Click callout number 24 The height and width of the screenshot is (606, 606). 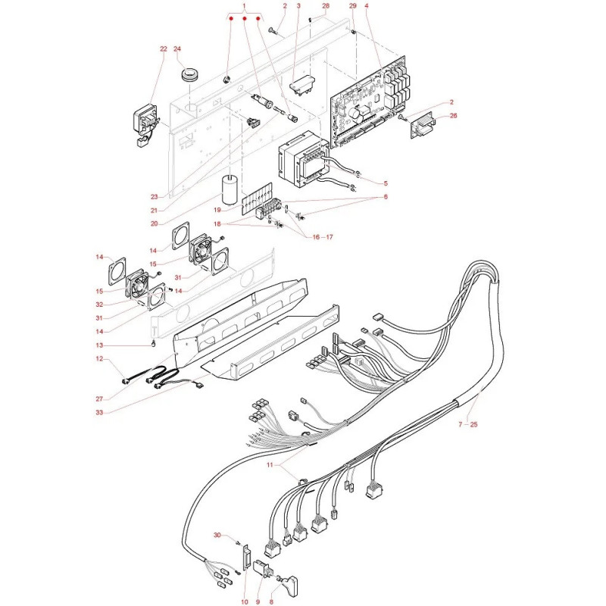click(x=177, y=49)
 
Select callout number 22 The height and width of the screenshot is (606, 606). click(x=164, y=49)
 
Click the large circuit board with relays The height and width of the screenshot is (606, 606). click(x=369, y=102)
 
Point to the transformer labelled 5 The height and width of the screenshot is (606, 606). click(x=304, y=158)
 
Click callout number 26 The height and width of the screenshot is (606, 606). click(x=453, y=116)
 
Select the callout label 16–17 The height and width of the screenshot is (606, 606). click(x=323, y=237)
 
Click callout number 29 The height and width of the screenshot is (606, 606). click(x=353, y=6)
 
